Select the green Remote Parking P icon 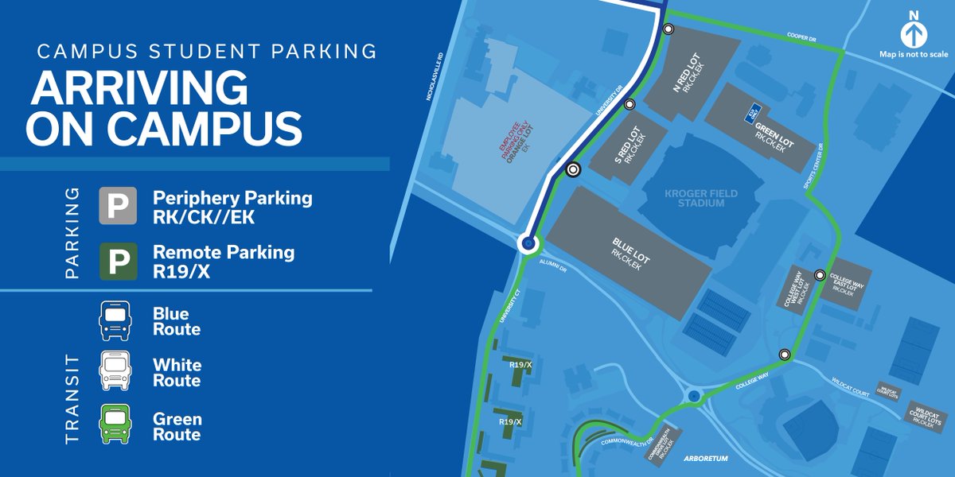(x=117, y=261)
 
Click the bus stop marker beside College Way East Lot (x=820, y=275)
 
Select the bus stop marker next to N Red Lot (x=668, y=29)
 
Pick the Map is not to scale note (x=913, y=54)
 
